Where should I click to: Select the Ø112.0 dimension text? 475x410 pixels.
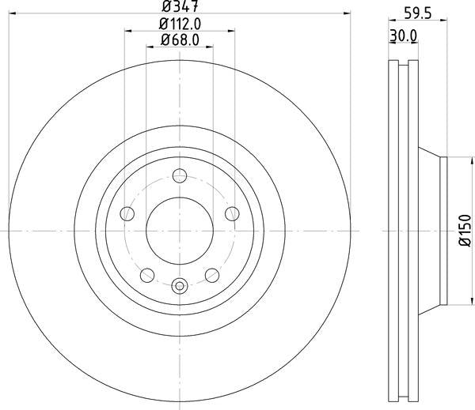(180, 24)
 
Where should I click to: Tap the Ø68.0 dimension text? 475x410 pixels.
(180, 39)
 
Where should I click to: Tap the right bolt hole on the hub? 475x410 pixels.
(232, 213)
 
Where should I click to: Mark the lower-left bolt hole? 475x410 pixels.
(147, 274)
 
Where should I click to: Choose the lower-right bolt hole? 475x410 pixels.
(212, 274)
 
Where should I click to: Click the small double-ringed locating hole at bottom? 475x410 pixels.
(180, 286)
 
